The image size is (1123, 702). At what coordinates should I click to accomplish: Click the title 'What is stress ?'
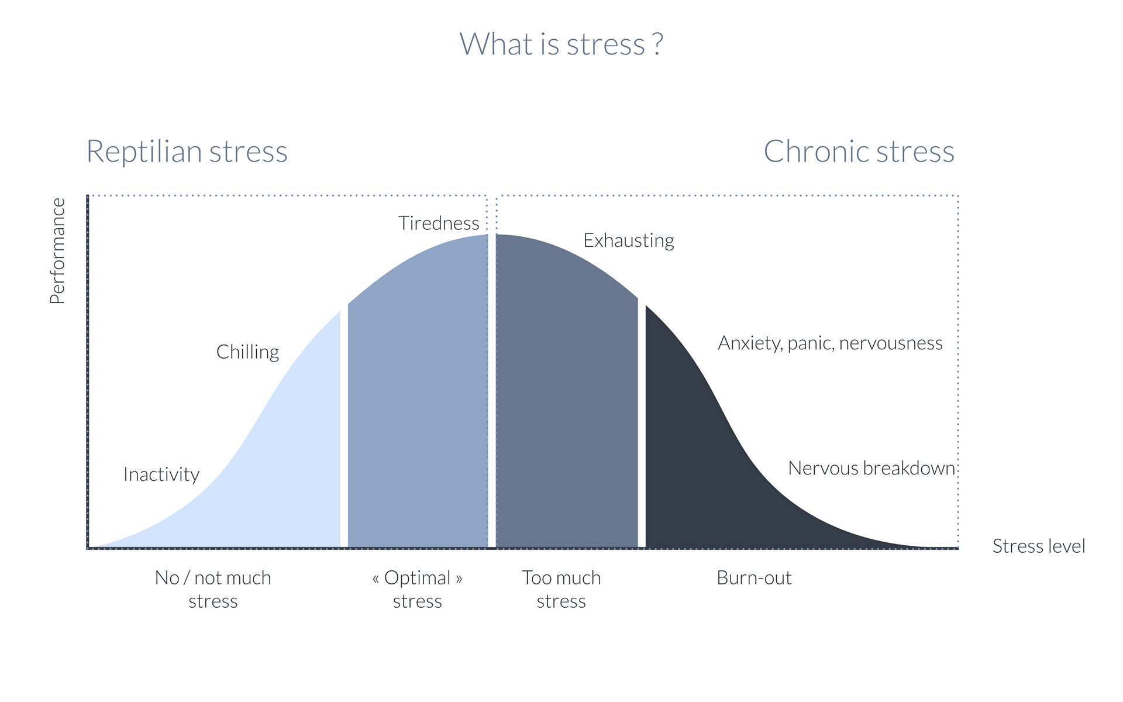tap(561, 44)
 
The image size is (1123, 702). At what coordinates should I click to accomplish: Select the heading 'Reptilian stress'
tap(187, 152)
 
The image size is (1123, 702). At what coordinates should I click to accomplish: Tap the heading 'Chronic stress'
tap(859, 152)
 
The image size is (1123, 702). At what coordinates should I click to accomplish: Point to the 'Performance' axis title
tap(57, 251)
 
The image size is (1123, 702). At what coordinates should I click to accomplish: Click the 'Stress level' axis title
tap(1039, 546)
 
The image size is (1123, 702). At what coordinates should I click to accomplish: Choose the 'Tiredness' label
tap(439, 223)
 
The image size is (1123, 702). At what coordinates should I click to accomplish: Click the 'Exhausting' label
tap(629, 240)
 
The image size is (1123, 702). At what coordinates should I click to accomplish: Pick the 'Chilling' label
tap(247, 352)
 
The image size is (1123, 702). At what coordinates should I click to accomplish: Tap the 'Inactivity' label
tap(161, 474)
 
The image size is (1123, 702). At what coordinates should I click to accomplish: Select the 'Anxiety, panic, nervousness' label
tap(830, 343)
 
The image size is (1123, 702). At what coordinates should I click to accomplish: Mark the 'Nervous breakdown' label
tap(871, 468)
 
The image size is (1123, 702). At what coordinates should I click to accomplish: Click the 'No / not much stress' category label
tap(213, 589)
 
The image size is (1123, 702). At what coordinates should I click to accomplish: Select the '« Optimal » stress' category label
tap(417, 589)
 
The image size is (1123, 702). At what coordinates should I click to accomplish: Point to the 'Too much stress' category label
tap(561, 589)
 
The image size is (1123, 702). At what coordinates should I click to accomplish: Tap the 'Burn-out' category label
tap(754, 578)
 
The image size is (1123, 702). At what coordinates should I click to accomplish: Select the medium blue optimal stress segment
tap(418, 398)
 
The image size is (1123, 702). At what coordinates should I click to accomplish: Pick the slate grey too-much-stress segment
tap(567, 398)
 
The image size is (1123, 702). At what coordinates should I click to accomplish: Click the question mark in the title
tap(658, 44)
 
